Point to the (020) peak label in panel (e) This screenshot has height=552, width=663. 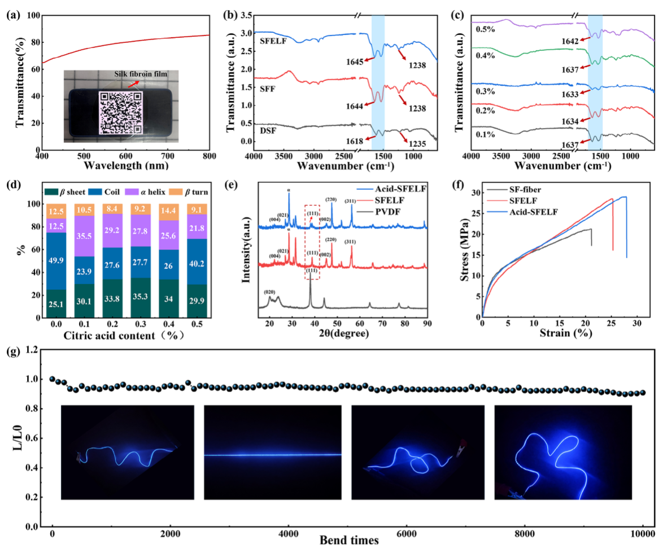point(271,292)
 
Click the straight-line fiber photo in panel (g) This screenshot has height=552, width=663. point(272,453)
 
